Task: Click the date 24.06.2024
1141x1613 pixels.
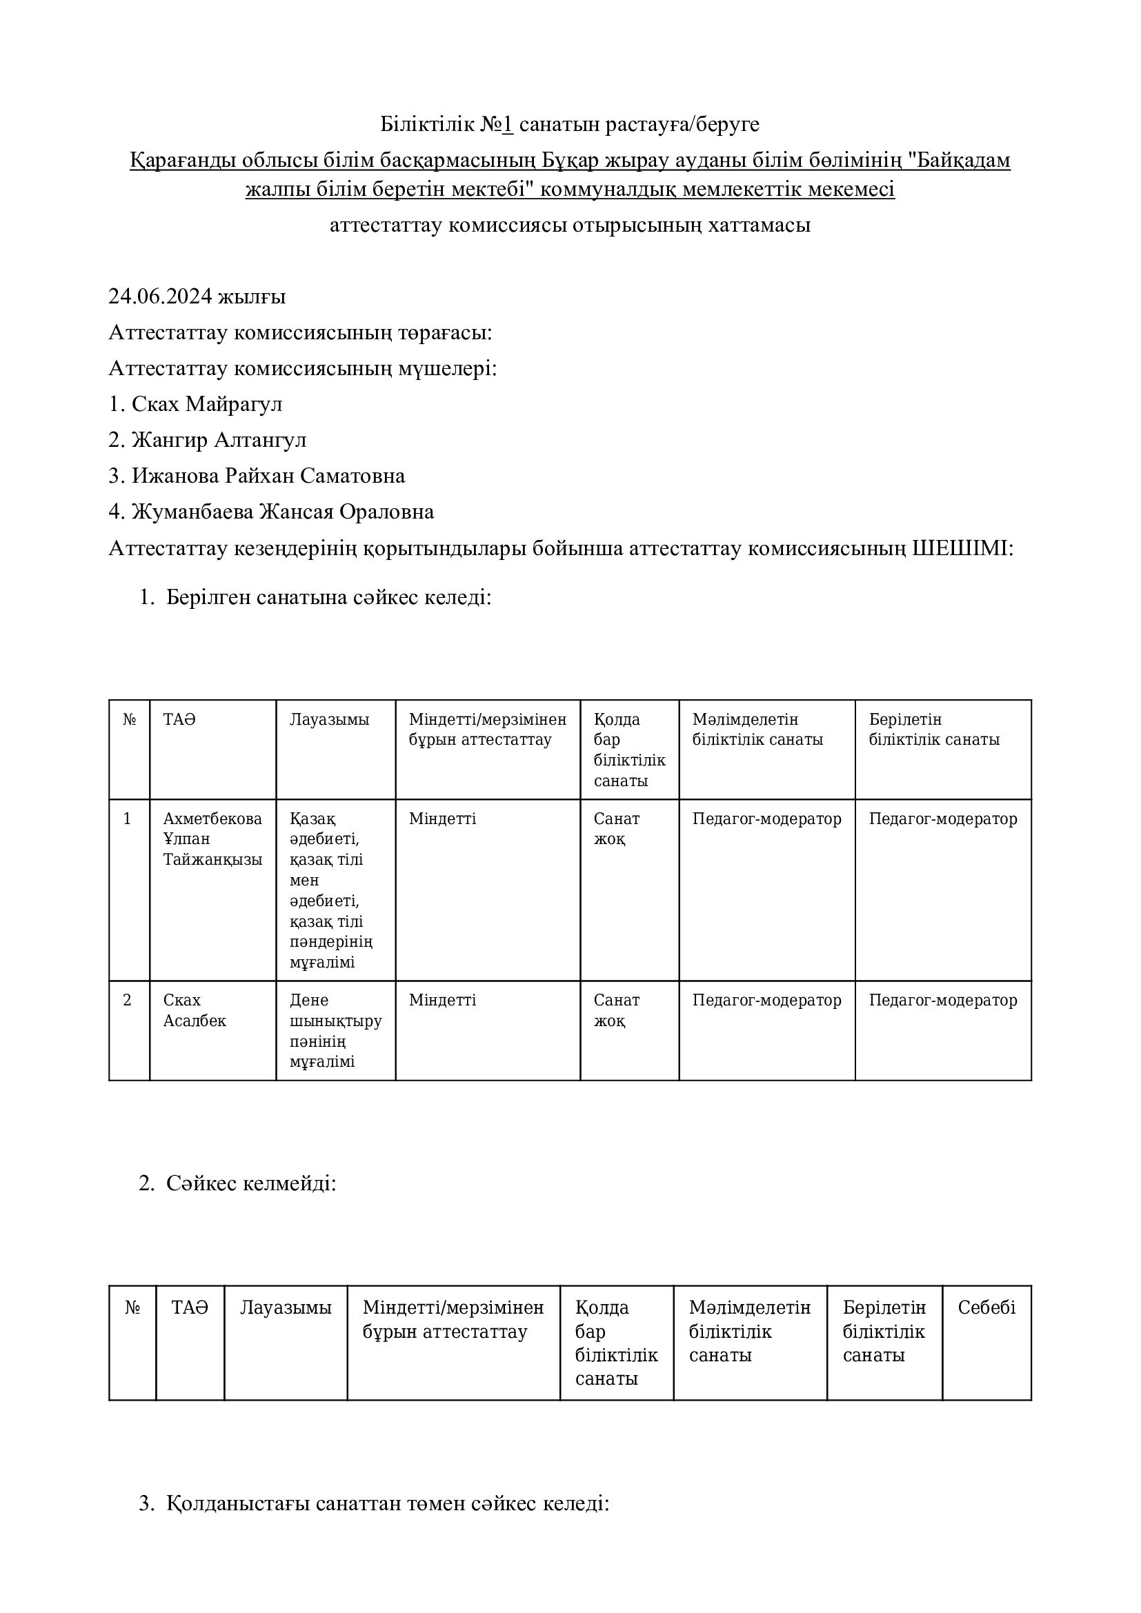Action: click(160, 297)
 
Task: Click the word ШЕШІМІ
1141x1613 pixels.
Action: click(960, 548)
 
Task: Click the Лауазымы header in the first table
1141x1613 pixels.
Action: click(330, 719)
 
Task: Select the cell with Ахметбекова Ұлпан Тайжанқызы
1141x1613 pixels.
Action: click(212, 839)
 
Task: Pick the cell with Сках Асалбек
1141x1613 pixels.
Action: click(195, 1010)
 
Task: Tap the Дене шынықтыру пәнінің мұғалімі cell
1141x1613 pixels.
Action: click(335, 1030)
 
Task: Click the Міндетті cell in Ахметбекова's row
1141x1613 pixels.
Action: click(443, 819)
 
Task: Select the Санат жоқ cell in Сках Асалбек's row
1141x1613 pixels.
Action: click(616, 1010)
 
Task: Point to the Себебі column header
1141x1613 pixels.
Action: click(986, 1308)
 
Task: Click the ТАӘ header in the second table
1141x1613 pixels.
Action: click(190, 1308)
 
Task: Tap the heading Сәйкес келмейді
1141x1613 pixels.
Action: click(251, 1183)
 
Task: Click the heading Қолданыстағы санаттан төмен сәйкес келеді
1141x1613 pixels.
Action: click(387, 1503)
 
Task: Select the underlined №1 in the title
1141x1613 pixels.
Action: click(497, 124)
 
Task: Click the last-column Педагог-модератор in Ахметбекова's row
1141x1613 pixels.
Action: click(943, 819)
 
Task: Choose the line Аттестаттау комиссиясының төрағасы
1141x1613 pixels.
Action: click(300, 332)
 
